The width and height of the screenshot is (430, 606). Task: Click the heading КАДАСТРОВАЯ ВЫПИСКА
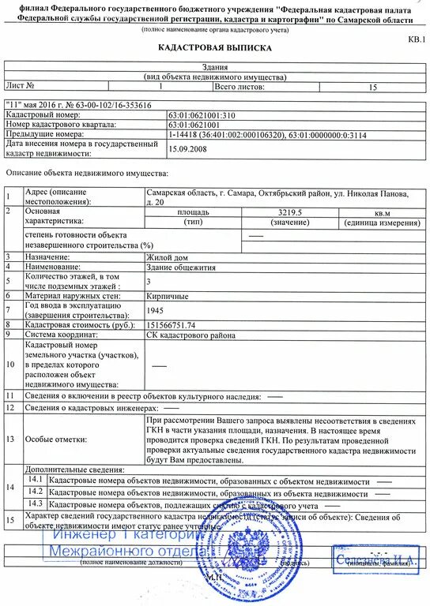pos(215,48)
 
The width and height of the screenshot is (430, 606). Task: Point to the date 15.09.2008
pos(187,147)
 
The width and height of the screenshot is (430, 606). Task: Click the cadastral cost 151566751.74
pos(172,324)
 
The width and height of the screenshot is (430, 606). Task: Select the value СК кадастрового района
pos(191,335)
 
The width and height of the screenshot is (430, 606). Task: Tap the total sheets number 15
pos(372,86)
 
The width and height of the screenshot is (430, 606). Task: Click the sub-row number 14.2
pos(35,491)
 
